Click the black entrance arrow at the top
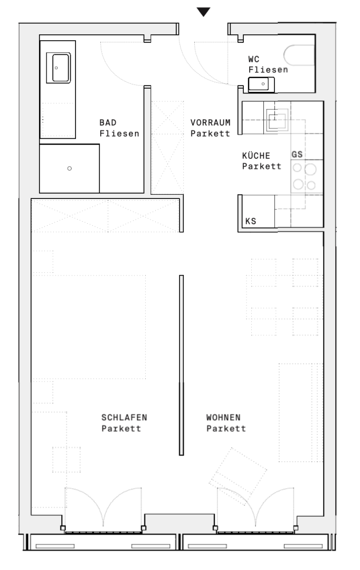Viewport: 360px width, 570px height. click(203, 12)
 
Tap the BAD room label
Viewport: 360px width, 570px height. click(108, 122)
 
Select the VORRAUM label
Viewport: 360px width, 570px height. click(210, 122)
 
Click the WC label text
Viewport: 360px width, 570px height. click(254, 59)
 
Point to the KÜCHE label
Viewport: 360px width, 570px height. click(256, 155)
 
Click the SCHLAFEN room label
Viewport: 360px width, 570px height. click(124, 417)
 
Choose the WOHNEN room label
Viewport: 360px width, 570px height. click(223, 417)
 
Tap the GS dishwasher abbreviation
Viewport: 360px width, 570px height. click(297, 154)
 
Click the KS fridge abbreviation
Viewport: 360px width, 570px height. click(251, 221)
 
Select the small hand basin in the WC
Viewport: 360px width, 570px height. click(261, 84)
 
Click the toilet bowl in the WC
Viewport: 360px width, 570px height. click(299, 55)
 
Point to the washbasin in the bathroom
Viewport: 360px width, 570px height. click(58, 68)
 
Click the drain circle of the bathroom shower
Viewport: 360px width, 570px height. click(70, 168)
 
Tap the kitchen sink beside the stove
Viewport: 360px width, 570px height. click(277, 119)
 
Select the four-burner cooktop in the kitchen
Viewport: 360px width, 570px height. click(304, 176)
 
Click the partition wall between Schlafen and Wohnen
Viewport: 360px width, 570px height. click(181, 365)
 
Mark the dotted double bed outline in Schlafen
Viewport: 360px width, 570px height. click(89, 327)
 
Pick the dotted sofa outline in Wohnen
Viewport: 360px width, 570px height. click(301, 412)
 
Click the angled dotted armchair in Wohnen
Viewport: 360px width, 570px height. click(238, 475)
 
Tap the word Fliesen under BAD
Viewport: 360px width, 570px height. click(119, 134)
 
